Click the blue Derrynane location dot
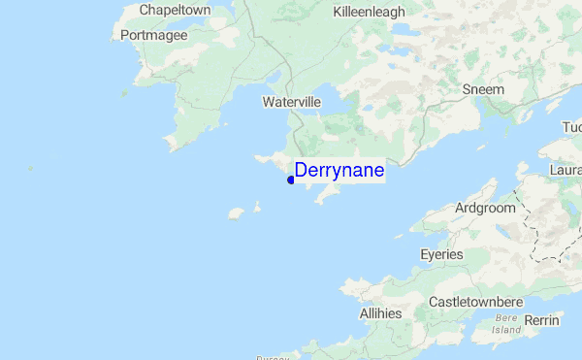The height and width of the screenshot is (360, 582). pyautogui.click(x=291, y=180)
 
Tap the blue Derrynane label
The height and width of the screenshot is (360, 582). pyautogui.click(x=339, y=171)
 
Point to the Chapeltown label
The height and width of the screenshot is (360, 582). pyautogui.click(x=176, y=10)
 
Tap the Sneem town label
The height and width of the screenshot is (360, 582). pyautogui.click(x=483, y=89)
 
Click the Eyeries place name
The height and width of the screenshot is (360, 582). pyautogui.click(x=441, y=254)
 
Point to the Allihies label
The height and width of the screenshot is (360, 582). pyautogui.click(x=380, y=313)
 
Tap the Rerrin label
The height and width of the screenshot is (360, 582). pyautogui.click(x=541, y=320)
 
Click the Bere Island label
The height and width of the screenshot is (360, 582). pyautogui.click(x=507, y=324)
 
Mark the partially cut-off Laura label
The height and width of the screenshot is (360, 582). pyautogui.click(x=566, y=170)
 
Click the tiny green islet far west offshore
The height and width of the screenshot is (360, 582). pyautogui.click(x=31, y=169)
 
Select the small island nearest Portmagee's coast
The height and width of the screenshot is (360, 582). pyautogui.click(x=124, y=93)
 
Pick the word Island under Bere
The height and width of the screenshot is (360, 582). pyautogui.click(x=507, y=330)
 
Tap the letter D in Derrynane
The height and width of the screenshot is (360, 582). pyautogui.click(x=301, y=171)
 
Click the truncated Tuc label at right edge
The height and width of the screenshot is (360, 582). pyautogui.click(x=571, y=128)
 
